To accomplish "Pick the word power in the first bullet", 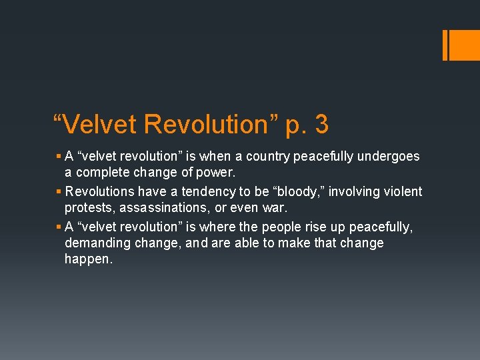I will point(219,173).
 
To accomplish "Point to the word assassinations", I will point(161,209).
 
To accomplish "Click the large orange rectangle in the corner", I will point(461,45).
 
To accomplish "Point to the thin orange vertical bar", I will point(445,45).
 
